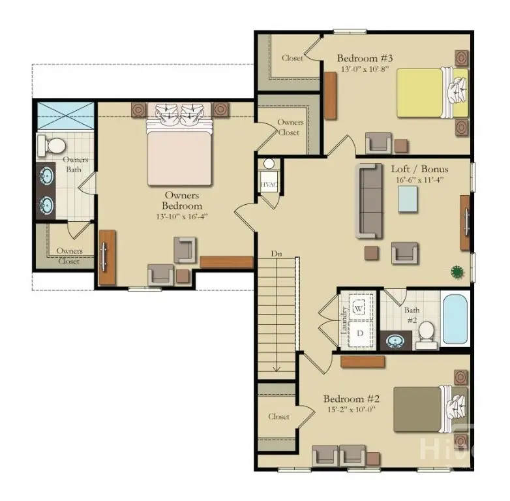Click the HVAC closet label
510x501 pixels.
coord(269,185)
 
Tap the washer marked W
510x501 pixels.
coord(359,307)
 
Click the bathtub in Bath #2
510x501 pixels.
coord(454,319)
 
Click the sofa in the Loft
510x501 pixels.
coord(369,200)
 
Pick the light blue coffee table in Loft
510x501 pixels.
coord(408,198)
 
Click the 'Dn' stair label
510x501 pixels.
coord(277,252)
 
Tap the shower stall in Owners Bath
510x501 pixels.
coord(65,117)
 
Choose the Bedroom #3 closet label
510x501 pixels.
coord(292,58)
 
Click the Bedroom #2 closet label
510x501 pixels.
coord(279,416)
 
